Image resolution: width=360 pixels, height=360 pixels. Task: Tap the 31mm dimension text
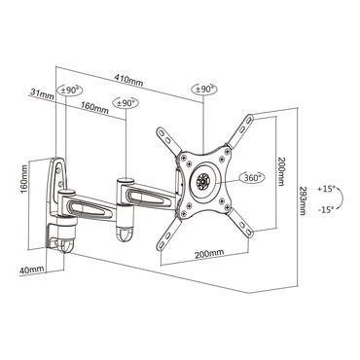(x=41, y=93)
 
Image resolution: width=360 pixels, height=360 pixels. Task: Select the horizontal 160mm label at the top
(x=94, y=108)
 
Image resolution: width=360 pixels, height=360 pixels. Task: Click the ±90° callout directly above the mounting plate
(x=204, y=89)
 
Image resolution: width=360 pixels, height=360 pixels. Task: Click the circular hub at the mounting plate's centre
(x=202, y=178)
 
